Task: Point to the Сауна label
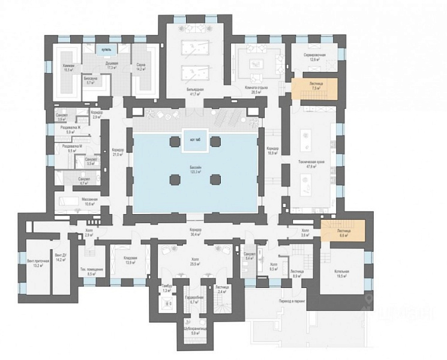[142, 67]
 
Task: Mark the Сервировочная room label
[314, 56]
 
